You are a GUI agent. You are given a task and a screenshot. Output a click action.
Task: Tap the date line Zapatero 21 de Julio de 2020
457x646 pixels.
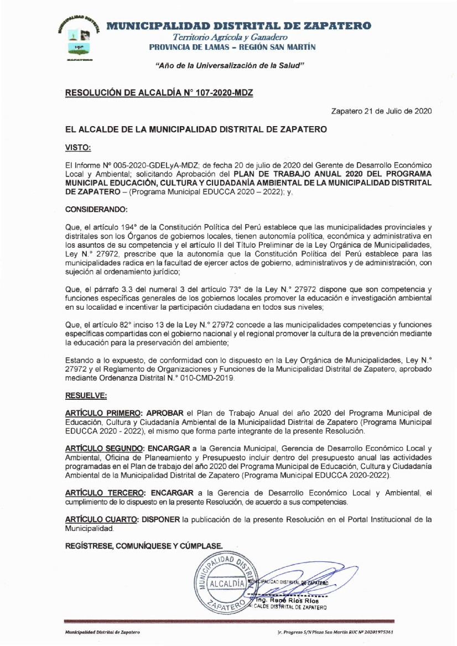381,111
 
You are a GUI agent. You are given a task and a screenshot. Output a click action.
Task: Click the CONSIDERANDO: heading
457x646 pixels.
96,210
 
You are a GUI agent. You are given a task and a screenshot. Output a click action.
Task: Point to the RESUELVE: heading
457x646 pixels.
86,396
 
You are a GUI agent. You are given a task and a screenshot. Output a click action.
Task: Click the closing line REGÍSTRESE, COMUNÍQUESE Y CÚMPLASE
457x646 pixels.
144,545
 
